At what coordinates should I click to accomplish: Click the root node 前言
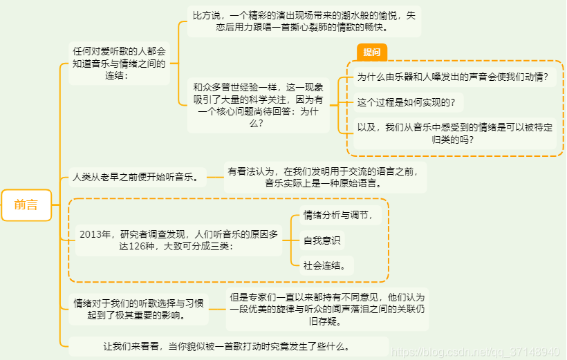(x=26, y=205)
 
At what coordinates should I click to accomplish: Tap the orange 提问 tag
(x=371, y=52)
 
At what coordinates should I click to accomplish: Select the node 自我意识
(x=322, y=240)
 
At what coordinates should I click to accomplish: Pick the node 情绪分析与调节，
(x=342, y=216)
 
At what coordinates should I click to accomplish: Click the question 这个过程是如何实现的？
(x=406, y=103)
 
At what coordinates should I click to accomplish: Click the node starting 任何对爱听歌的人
(x=119, y=63)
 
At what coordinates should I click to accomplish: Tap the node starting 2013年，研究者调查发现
(x=179, y=240)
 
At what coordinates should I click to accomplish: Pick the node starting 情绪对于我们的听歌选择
(x=139, y=309)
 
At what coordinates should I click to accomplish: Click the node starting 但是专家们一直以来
(x=326, y=309)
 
